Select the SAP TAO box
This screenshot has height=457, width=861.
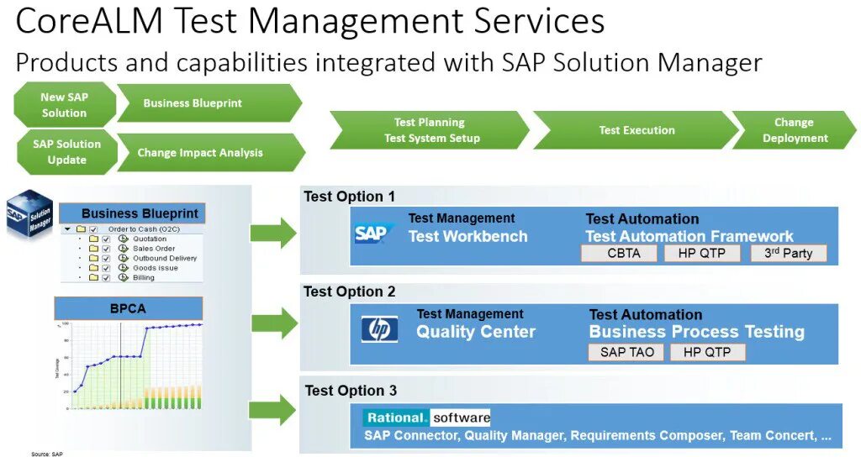(x=625, y=352)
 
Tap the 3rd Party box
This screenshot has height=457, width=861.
(x=787, y=253)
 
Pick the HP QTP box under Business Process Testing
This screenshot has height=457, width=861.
(x=707, y=352)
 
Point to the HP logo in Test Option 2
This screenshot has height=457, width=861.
(x=379, y=328)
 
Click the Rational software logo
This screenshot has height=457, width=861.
(x=427, y=418)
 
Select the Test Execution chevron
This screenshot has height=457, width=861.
(x=636, y=130)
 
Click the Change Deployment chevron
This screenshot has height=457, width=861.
(x=795, y=130)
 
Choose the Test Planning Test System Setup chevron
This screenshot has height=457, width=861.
(x=430, y=130)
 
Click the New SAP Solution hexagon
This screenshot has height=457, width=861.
(x=64, y=105)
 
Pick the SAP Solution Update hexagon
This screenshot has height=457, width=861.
(x=66, y=152)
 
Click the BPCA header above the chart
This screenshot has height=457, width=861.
(x=128, y=308)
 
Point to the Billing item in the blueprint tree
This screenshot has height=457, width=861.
(x=143, y=277)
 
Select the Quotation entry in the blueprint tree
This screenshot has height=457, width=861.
(x=150, y=239)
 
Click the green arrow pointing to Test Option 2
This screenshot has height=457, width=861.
(x=274, y=323)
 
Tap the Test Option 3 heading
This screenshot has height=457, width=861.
(x=351, y=391)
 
